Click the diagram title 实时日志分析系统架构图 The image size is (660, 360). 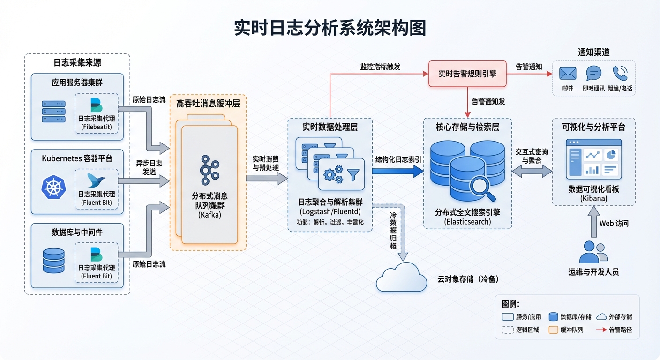coord(330,28)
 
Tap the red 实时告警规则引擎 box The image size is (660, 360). coord(467,74)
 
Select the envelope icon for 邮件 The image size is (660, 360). coord(568,74)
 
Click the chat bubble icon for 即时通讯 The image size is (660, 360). coord(593,73)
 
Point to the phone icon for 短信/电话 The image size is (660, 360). coord(620,73)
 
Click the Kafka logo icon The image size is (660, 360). coord(210,170)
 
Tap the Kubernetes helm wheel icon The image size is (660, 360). coord(54,186)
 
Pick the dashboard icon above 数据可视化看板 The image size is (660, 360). coord(593,159)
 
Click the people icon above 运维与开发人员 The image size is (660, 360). coord(593,252)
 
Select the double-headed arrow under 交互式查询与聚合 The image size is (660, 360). coord(532,172)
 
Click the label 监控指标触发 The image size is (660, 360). coord(380,67)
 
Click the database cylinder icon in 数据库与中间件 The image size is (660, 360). coord(53,261)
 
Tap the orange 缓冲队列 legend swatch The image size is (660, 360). coord(554,330)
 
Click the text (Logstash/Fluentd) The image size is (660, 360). coord(330,211)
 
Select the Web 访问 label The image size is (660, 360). coord(614,224)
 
